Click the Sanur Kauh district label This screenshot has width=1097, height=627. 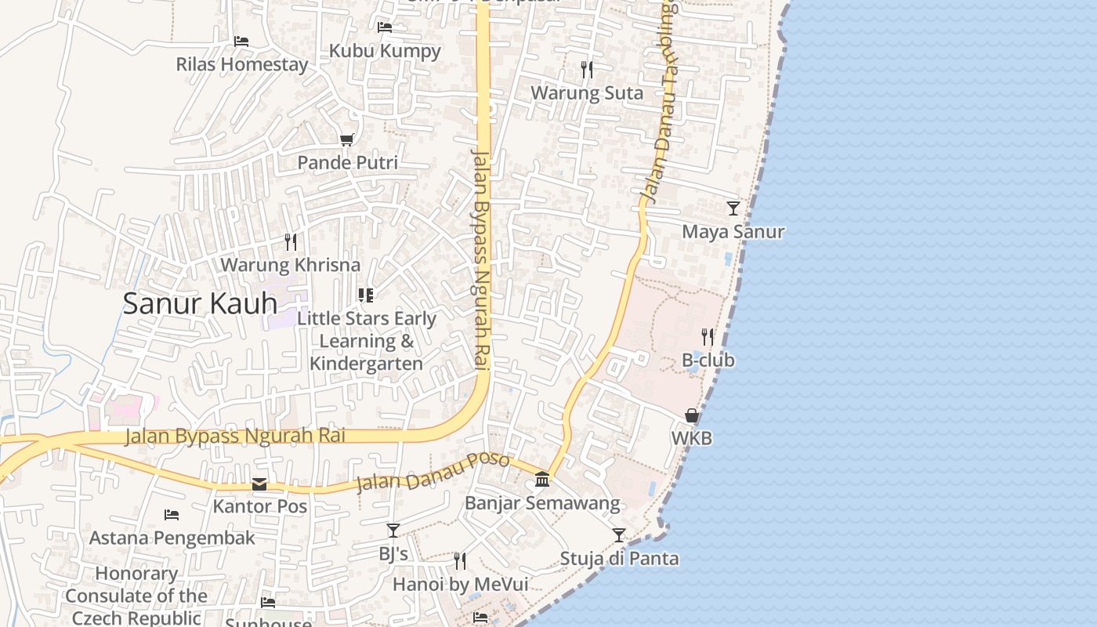[200, 303]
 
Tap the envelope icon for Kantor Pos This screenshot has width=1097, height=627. [259, 484]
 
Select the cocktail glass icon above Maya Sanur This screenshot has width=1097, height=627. [733, 208]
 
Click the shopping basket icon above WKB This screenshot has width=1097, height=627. [692, 415]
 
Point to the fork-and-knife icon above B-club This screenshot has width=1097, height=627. [708, 337]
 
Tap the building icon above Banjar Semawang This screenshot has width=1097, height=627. [542, 479]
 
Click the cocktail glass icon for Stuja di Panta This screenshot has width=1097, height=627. [619, 535]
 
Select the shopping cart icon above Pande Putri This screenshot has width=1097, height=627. [346, 140]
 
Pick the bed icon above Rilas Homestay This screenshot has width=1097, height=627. [241, 41]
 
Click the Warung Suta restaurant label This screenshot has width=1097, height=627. [587, 93]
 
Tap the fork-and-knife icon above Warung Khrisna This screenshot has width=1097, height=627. [291, 241]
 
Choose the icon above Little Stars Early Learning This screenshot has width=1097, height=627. [366, 295]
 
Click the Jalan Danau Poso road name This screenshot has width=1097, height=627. [433, 473]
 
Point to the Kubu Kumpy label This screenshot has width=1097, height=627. [385, 51]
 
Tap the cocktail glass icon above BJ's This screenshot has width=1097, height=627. [393, 531]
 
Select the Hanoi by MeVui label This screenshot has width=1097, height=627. [460, 585]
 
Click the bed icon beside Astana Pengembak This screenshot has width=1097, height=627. [172, 515]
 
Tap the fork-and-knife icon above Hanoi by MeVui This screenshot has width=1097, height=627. [460, 561]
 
